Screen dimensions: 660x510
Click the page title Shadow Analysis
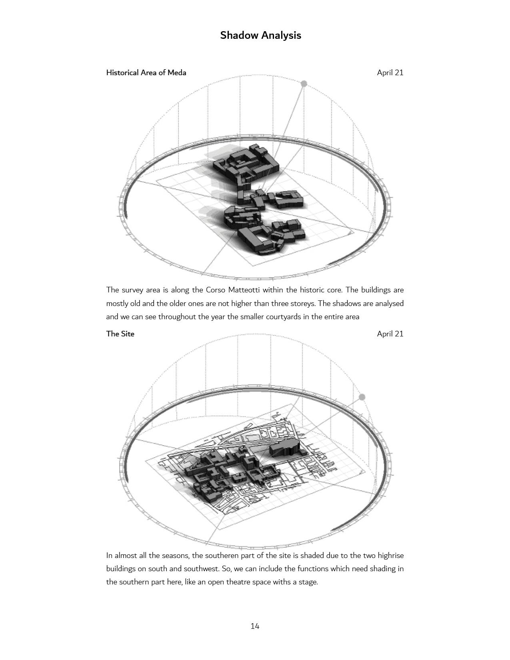pos(260,35)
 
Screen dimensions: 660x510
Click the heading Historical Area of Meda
pos(146,72)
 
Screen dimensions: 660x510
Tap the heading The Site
pos(120,334)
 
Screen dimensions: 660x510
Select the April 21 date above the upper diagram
pos(390,72)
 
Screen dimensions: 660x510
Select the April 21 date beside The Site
pos(390,334)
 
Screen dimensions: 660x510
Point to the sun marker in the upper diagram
pos(304,84)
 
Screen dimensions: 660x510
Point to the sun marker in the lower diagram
pos(362,397)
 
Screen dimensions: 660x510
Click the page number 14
pos(255,626)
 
